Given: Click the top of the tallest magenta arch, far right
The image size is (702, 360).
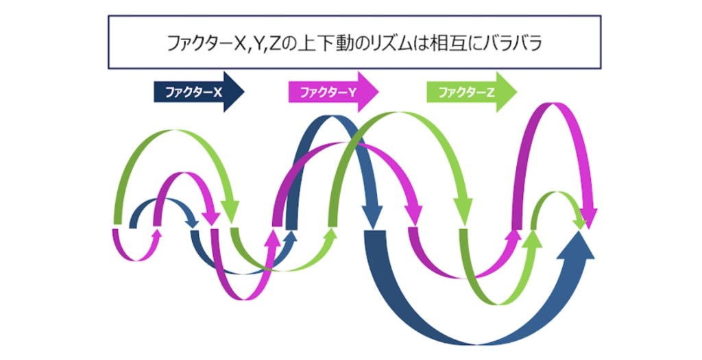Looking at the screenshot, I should [x=553, y=106].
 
